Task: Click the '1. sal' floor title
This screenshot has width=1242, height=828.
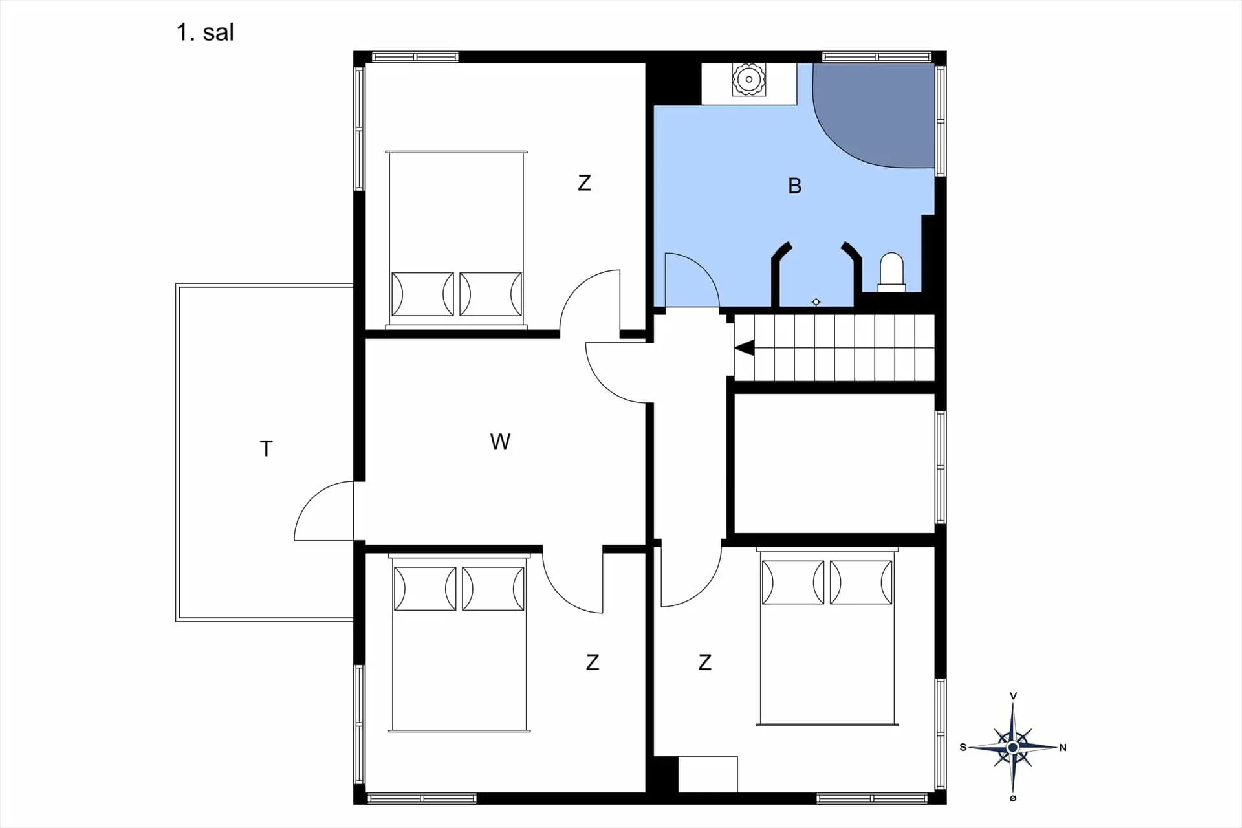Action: pyautogui.click(x=205, y=32)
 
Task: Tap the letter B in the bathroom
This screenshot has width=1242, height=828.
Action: pyautogui.click(x=795, y=186)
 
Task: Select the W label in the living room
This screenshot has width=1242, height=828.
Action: pyautogui.click(x=500, y=442)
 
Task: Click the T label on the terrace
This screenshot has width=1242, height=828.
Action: pyautogui.click(x=266, y=449)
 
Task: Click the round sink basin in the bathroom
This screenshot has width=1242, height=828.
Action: pyautogui.click(x=749, y=80)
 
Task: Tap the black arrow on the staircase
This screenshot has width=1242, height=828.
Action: pyautogui.click(x=745, y=348)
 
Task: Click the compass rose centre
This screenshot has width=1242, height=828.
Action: pyautogui.click(x=1013, y=748)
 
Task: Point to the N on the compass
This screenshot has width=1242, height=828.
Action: pyautogui.click(x=1062, y=748)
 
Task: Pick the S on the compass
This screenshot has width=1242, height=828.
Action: pyautogui.click(x=963, y=748)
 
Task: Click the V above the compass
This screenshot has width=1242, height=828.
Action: pyautogui.click(x=1013, y=696)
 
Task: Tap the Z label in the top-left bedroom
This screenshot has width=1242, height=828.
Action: pyautogui.click(x=584, y=183)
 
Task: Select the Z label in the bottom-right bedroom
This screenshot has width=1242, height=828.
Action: pyautogui.click(x=705, y=662)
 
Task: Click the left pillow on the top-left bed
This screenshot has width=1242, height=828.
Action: pyautogui.click(x=423, y=294)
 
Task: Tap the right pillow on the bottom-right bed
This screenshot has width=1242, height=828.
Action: pyautogui.click(x=861, y=582)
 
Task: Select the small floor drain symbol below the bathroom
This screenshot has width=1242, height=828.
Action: pyautogui.click(x=816, y=302)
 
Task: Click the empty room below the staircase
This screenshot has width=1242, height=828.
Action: pyautogui.click(x=834, y=463)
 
